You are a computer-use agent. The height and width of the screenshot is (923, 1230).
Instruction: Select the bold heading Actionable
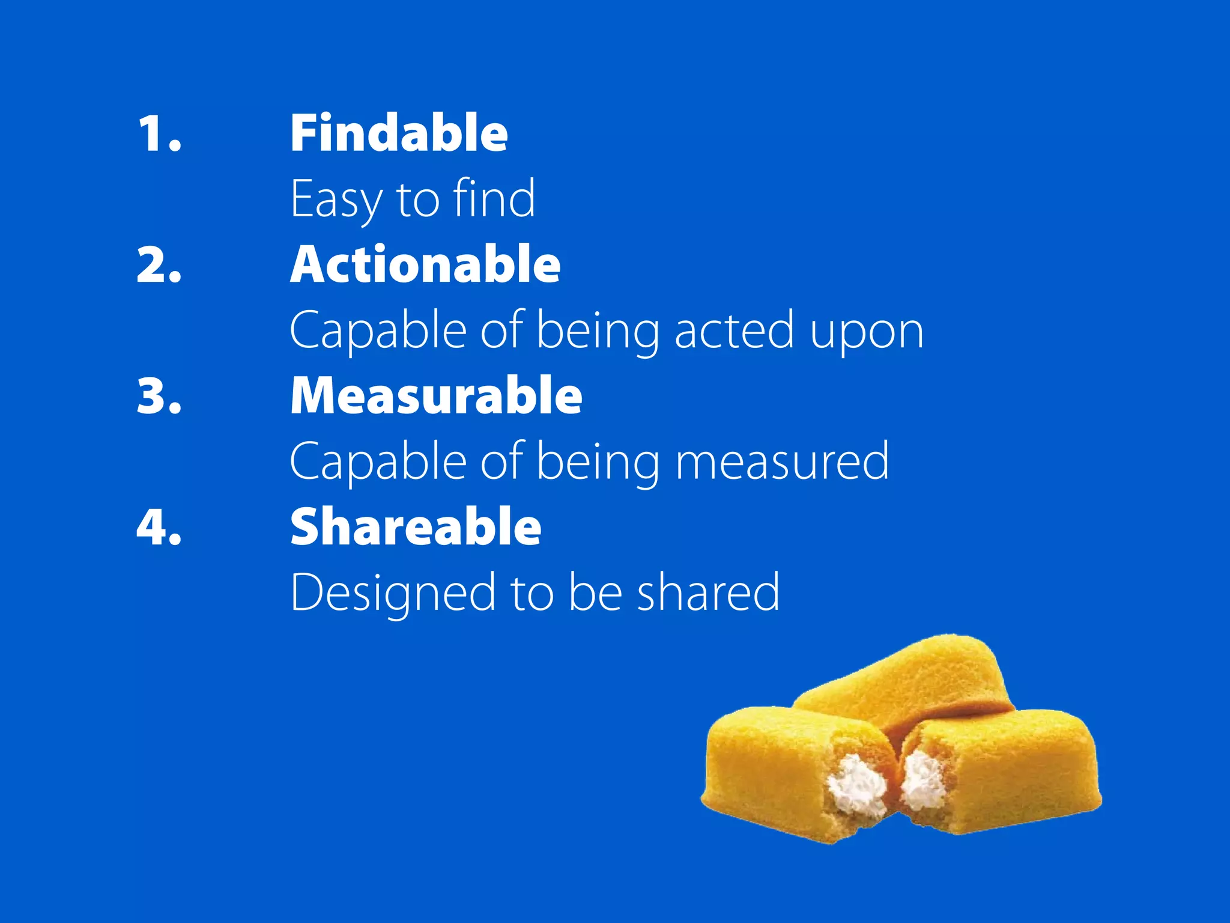click(x=425, y=264)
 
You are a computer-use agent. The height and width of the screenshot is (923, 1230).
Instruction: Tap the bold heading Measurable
click(x=436, y=395)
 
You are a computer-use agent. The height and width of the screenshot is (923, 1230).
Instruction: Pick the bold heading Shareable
click(x=416, y=526)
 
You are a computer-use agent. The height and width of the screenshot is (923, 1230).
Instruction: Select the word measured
click(x=782, y=461)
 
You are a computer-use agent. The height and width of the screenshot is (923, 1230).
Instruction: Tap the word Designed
click(x=393, y=594)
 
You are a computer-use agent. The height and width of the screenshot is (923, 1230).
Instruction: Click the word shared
click(x=708, y=592)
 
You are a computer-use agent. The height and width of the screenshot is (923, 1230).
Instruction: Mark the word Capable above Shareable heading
click(x=378, y=463)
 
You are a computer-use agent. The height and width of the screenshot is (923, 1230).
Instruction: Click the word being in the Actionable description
click(x=598, y=332)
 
